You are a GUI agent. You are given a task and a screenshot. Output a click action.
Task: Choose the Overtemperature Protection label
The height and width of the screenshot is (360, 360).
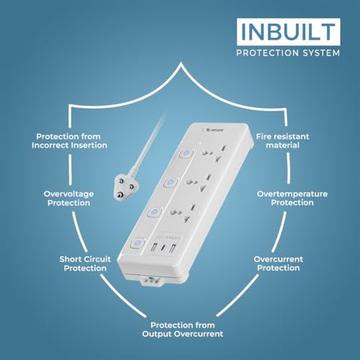pos(292,199)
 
